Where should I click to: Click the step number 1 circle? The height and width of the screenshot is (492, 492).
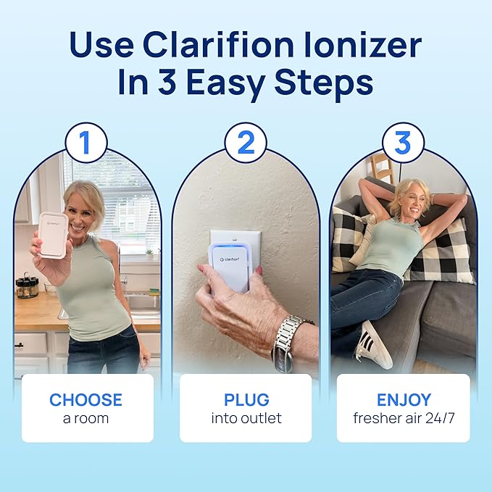point(86,142)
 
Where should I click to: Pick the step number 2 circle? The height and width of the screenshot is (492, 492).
point(246,142)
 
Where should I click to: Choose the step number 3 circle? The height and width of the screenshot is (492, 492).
point(403,142)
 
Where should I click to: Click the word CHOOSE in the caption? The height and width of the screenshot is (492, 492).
point(86,400)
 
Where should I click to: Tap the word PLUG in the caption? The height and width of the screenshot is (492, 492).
point(246,400)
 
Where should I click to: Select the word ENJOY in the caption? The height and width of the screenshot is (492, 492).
point(404,400)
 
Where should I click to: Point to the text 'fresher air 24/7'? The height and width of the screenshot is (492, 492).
point(404,418)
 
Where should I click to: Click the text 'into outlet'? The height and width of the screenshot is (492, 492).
point(246,418)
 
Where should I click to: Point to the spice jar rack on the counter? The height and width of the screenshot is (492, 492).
point(28,286)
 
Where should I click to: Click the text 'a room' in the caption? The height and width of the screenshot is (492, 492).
point(86,418)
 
